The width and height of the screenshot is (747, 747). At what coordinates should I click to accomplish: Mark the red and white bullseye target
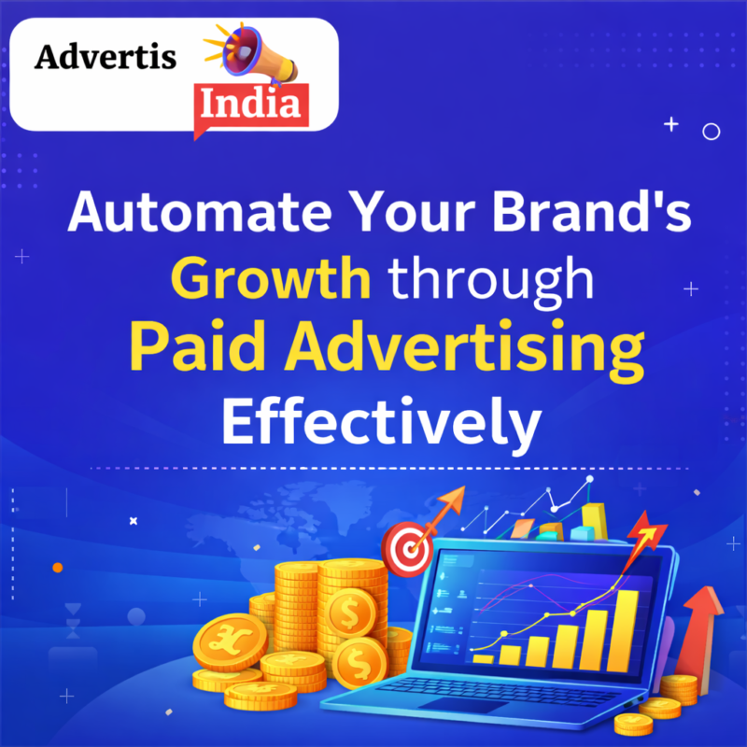404,546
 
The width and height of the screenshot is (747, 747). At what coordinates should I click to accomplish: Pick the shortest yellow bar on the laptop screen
483,657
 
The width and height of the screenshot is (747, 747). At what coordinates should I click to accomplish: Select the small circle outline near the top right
712,132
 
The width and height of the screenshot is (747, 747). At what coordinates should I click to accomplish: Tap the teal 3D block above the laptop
584,532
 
